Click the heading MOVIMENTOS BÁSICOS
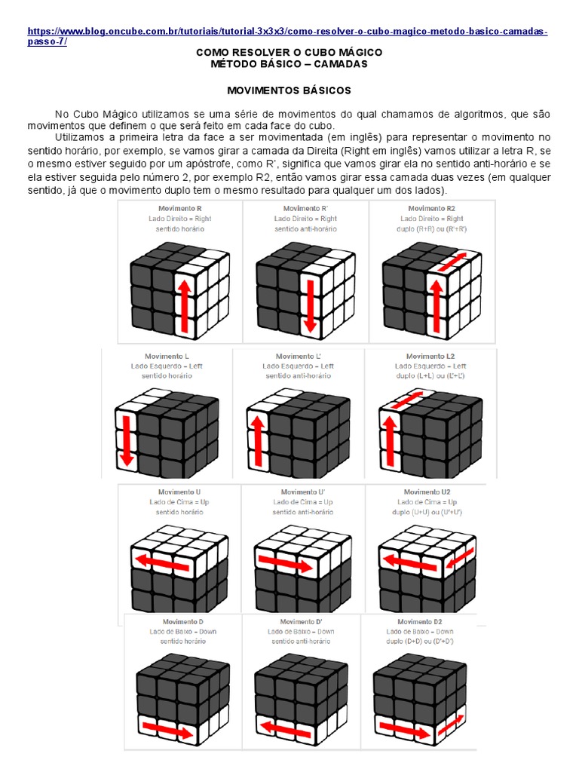coord(289,90)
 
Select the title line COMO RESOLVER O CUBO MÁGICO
coord(289,52)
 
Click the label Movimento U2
coord(423,492)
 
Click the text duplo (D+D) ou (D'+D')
coord(421,641)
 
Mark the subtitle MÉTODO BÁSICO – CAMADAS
coord(289,64)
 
